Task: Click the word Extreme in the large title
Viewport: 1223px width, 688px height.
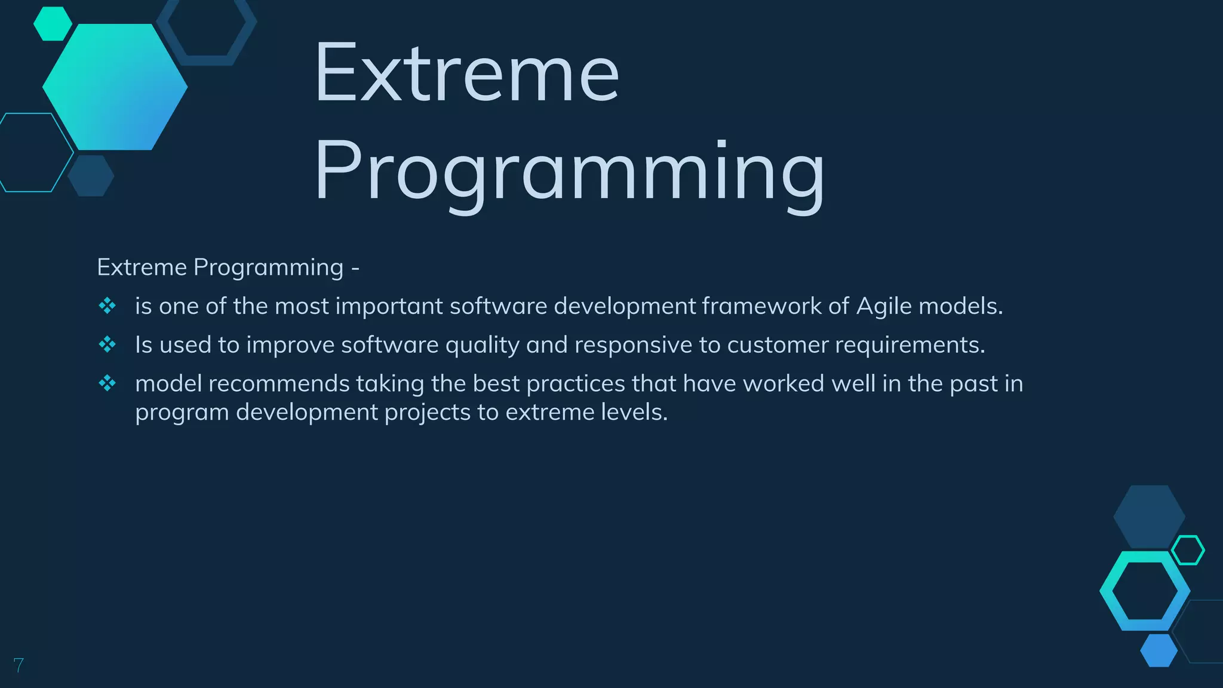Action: coord(466,73)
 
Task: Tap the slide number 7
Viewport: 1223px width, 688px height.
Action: coord(19,665)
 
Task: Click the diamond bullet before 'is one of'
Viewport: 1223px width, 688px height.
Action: coord(107,306)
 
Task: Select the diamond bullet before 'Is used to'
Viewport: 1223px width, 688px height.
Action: coord(107,345)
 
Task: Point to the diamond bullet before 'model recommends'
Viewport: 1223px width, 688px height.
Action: coord(107,383)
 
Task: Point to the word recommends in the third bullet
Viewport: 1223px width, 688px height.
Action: coord(279,383)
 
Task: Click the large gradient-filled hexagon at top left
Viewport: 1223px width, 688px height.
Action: coord(115,87)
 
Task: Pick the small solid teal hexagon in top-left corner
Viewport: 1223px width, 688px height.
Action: coord(53,24)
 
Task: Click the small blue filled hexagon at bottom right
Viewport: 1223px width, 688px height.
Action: coord(1159,650)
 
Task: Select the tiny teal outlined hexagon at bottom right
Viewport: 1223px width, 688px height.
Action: coord(1188,550)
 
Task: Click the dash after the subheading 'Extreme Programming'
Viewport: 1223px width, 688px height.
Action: coord(355,268)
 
